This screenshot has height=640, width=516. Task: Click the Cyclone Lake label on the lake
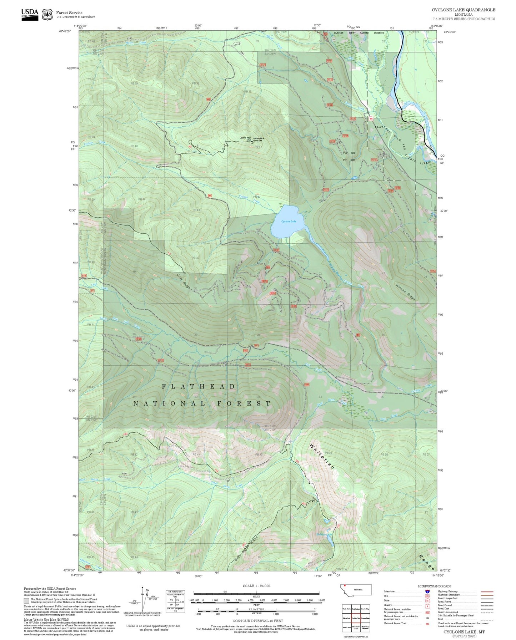coord(289,222)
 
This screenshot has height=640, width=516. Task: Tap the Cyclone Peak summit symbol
coord(252,142)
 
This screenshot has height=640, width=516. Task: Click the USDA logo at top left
coord(30,14)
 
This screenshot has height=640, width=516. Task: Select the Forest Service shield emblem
coord(47,15)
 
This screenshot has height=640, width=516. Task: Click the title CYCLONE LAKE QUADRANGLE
coord(463,10)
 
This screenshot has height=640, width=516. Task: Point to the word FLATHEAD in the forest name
coord(199,387)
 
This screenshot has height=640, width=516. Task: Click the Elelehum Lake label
coord(324,534)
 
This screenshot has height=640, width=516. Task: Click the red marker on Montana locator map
coord(345,585)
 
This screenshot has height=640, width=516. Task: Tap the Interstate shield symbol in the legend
coord(427,591)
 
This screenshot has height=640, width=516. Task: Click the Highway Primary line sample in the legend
coord(487,591)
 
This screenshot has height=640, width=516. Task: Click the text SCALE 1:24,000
coord(256,586)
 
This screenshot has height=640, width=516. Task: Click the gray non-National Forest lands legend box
coord(26,601)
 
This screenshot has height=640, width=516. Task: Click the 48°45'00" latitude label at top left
coord(65,31)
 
